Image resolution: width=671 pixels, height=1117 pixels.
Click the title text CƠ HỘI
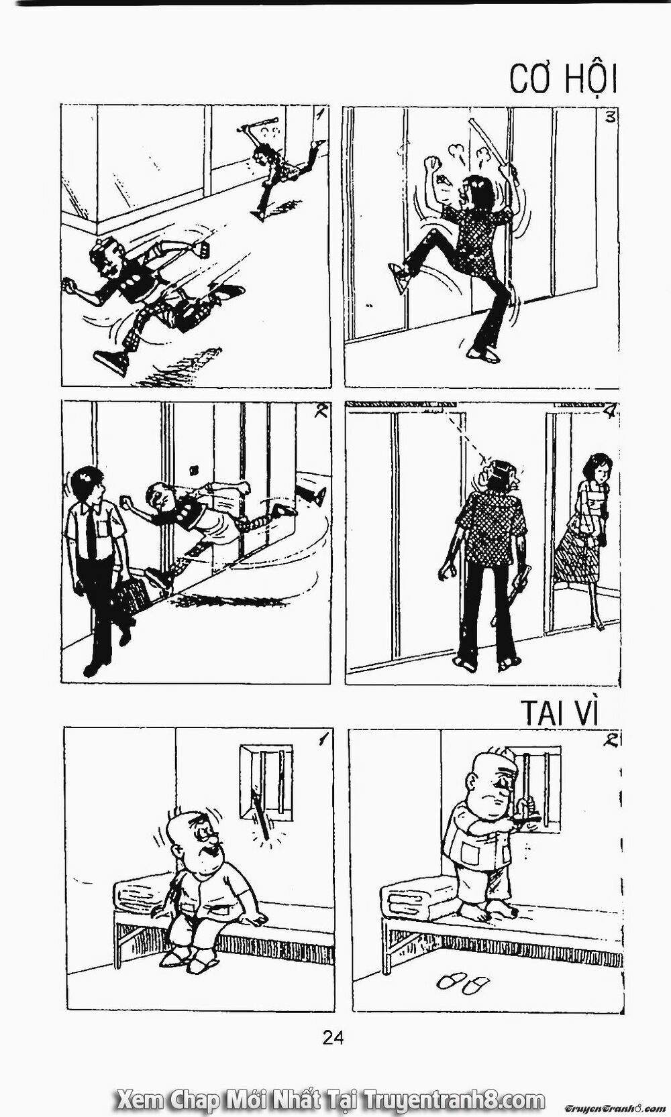pos(562,79)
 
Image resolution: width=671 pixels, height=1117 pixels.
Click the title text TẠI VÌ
pos(558,713)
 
